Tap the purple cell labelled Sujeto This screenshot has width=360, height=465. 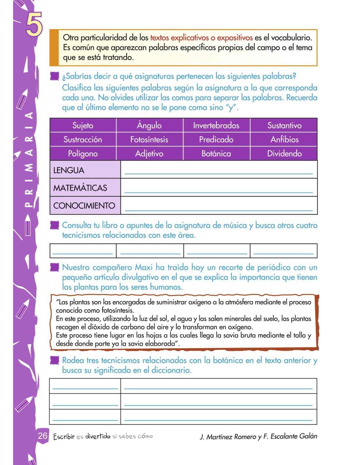[83, 125]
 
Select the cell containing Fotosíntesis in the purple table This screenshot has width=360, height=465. [149, 139]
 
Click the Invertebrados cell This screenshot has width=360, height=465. [216, 125]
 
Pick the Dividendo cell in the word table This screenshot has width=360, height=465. [284, 153]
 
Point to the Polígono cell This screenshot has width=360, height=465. [83, 153]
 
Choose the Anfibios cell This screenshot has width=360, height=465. [284, 139]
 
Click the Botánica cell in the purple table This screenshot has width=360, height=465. [216, 153]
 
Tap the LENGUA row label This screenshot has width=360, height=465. [69, 170]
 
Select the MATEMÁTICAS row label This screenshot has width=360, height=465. [80, 188]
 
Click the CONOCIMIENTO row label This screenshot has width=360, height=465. [84, 205]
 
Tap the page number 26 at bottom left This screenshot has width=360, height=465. [43, 436]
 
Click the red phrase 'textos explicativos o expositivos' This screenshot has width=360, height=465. [201, 38]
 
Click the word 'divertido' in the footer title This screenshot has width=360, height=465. [98, 436]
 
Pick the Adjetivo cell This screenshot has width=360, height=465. [149, 153]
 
